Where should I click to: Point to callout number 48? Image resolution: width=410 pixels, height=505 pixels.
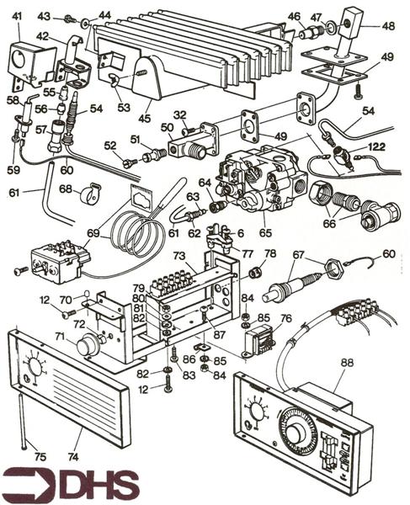pyautogui.click(x=387, y=25)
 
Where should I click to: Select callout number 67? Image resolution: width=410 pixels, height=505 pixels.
pyautogui.click(x=298, y=255)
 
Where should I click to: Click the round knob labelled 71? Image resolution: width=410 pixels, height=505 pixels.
pyautogui.click(x=88, y=347)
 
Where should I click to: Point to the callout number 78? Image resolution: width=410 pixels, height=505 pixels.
pyautogui.click(x=269, y=253)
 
